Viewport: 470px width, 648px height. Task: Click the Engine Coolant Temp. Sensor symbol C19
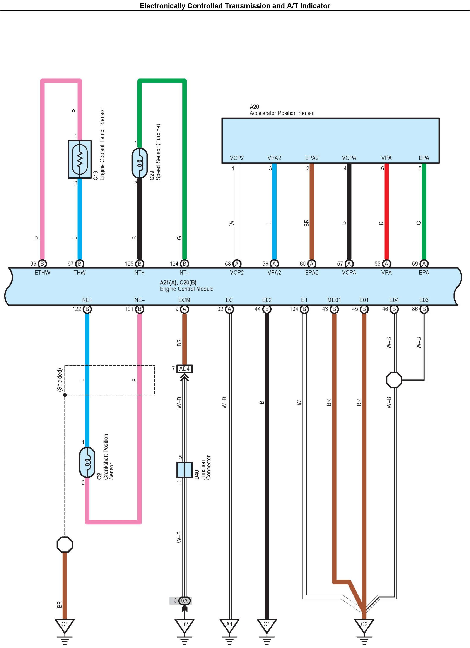coord(80,159)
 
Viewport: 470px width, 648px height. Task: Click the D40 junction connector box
coord(184,470)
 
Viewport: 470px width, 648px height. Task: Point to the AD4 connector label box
coord(184,369)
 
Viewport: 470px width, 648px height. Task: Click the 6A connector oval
coord(184,601)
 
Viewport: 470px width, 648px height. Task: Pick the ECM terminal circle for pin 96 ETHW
coord(42,264)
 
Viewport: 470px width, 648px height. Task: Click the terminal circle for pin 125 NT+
coord(140,264)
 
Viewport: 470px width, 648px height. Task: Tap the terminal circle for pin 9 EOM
coord(184,309)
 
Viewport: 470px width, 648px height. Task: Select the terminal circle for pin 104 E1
coord(304,309)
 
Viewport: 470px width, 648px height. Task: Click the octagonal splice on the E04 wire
coord(394,380)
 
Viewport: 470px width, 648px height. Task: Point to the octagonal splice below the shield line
coord(65,544)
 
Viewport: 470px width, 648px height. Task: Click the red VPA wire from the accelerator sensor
coord(386,211)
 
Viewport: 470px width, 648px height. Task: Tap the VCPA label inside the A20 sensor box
coord(349,158)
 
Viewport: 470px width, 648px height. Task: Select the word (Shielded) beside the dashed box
coord(60,380)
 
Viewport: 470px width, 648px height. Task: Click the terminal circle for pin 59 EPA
coord(424,264)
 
